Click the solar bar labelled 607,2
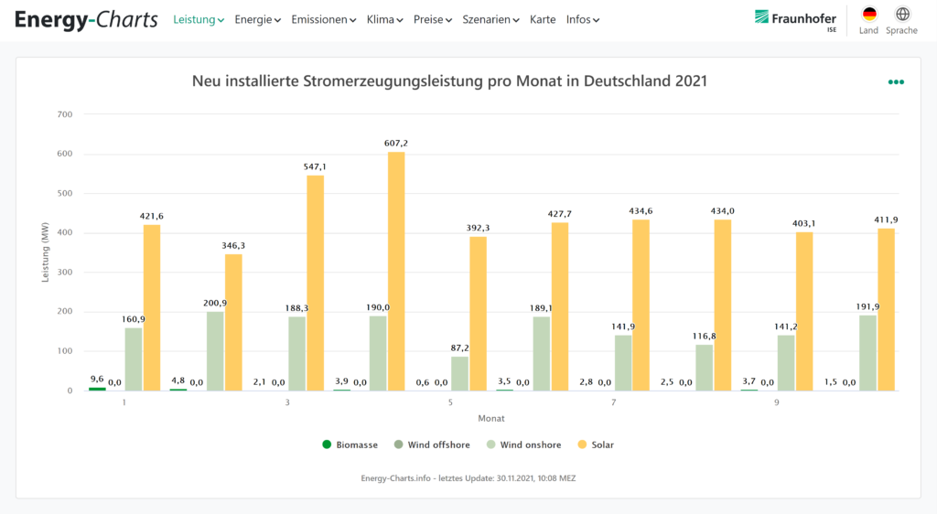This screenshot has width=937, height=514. coord(396,272)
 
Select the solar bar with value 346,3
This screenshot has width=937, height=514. coord(233,322)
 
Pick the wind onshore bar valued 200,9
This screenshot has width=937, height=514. coord(215,351)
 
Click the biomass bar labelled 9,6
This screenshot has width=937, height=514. coord(97,389)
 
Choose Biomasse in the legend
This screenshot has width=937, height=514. coord(350,445)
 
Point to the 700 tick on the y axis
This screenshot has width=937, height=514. coord(64,114)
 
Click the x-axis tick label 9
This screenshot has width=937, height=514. coord(777,402)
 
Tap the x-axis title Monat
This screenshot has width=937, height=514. coord(490,418)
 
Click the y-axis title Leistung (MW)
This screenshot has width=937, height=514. coord(46,252)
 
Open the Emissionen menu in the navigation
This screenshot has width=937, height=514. coord(323,19)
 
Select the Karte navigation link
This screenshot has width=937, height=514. coord(543,19)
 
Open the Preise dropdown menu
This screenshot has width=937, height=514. coord(432,19)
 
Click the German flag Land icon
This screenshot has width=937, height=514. coord(868,15)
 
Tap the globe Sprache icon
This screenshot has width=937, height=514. coord(902,15)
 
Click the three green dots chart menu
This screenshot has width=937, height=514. coord(896,82)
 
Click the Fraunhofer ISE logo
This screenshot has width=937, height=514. coord(795,19)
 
